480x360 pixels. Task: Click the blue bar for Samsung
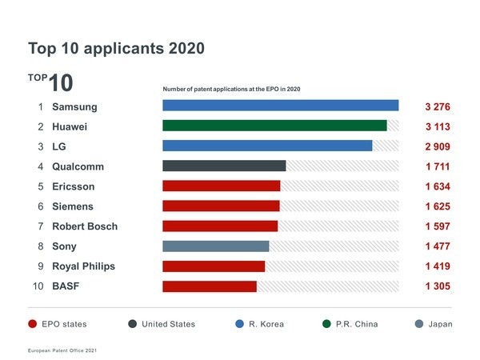(x=280, y=106)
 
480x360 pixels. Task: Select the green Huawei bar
(x=274, y=126)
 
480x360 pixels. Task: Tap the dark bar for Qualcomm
(x=224, y=166)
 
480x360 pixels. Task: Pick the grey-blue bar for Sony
(x=215, y=246)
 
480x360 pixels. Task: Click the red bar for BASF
(x=210, y=286)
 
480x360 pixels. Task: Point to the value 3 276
(x=438, y=106)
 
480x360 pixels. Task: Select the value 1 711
(x=438, y=166)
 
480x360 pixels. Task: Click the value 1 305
(x=438, y=286)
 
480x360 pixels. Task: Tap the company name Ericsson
(x=74, y=186)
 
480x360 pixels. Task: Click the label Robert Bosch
(x=85, y=226)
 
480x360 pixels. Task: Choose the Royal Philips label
(x=83, y=266)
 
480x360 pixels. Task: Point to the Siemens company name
(x=73, y=206)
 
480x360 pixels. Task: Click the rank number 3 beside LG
(x=40, y=146)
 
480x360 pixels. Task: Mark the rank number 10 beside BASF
(x=38, y=286)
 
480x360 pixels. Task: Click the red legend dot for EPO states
(x=33, y=324)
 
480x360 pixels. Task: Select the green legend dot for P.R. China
(x=326, y=324)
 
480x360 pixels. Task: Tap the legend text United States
(x=168, y=324)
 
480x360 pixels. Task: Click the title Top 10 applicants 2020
(x=116, y=48)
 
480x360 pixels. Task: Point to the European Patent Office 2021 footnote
(x=62, y=350)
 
